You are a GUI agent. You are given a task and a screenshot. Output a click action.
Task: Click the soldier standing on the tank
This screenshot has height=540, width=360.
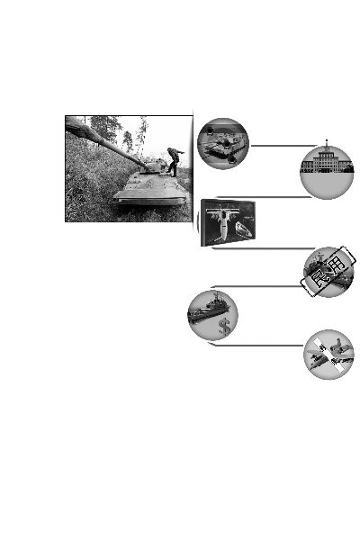pyautogui.click(x=175, y=161)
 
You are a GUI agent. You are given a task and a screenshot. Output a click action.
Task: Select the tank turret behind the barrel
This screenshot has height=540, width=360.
pyautogui.click(x=154, y=166)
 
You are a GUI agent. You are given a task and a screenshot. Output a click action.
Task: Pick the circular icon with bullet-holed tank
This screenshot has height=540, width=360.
pyautogui.click(x=223, y=144)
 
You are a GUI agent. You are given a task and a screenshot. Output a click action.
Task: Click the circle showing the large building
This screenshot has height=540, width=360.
pyautogui.click(x=327, y=172)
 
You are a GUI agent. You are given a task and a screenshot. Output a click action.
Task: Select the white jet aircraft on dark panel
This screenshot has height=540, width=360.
pyautogui.click(x=221, y=220)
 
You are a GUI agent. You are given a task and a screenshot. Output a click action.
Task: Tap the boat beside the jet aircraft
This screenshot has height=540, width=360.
pyautogui.click(x=243, y=229)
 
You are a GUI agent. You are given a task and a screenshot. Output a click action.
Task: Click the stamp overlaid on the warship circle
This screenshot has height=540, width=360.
pyautogui.click(x=328, y=272)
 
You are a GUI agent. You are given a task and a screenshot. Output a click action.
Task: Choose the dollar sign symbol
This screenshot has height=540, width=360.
pyautogui.click(x=224, y=327)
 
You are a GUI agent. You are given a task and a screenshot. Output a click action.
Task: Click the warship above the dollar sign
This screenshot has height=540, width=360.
pyautogui.click(x=208, y=309)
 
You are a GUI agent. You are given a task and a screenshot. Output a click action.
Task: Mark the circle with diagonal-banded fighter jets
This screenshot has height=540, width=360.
pyautogui.click(x=328, y=355)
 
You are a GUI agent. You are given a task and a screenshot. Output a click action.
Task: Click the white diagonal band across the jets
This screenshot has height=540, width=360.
pyautogui.click(x=328, y=355)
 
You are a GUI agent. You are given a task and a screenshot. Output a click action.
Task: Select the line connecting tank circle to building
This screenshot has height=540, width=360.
pyautogui.click(x=283, y=146)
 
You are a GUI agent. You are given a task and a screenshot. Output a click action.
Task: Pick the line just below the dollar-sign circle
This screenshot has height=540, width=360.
pyautogui.click(x=256, y=345)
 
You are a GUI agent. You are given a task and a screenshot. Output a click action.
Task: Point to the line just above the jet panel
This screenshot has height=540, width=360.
pyautogui.click(x=265, y=197)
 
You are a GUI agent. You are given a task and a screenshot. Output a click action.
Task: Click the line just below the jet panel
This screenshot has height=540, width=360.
pyautogui.click(x=263, y=248)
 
